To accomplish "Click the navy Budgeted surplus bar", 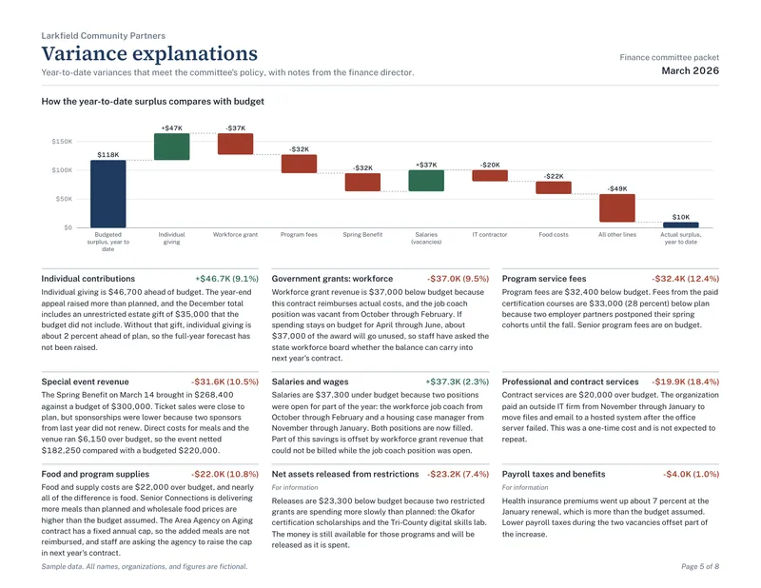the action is click(107, 194).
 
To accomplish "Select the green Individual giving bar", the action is click(171, 147).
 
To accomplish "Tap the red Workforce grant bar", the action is click(235, 145).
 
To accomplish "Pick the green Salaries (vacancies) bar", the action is click(426, 181).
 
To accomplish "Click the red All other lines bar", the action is click(616, 208).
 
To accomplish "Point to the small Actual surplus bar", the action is click(681, 225).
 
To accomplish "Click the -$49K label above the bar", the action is click(617, 188).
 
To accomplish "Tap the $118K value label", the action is click(107, 154).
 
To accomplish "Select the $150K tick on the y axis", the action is click(62, 142).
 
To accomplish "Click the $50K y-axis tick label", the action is click(64, 199).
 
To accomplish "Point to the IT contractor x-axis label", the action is click(490, 234).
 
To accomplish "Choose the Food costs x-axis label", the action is click(554, 234).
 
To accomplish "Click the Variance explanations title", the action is click(149, 53).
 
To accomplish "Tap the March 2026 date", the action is click(691, 71).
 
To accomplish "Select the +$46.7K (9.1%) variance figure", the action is click(226, 279).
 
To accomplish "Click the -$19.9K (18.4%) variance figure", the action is click(685, 382).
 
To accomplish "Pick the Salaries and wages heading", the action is click(310, 382).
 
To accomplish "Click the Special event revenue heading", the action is click(85, 382).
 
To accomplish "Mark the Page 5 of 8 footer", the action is click(700, 566).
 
